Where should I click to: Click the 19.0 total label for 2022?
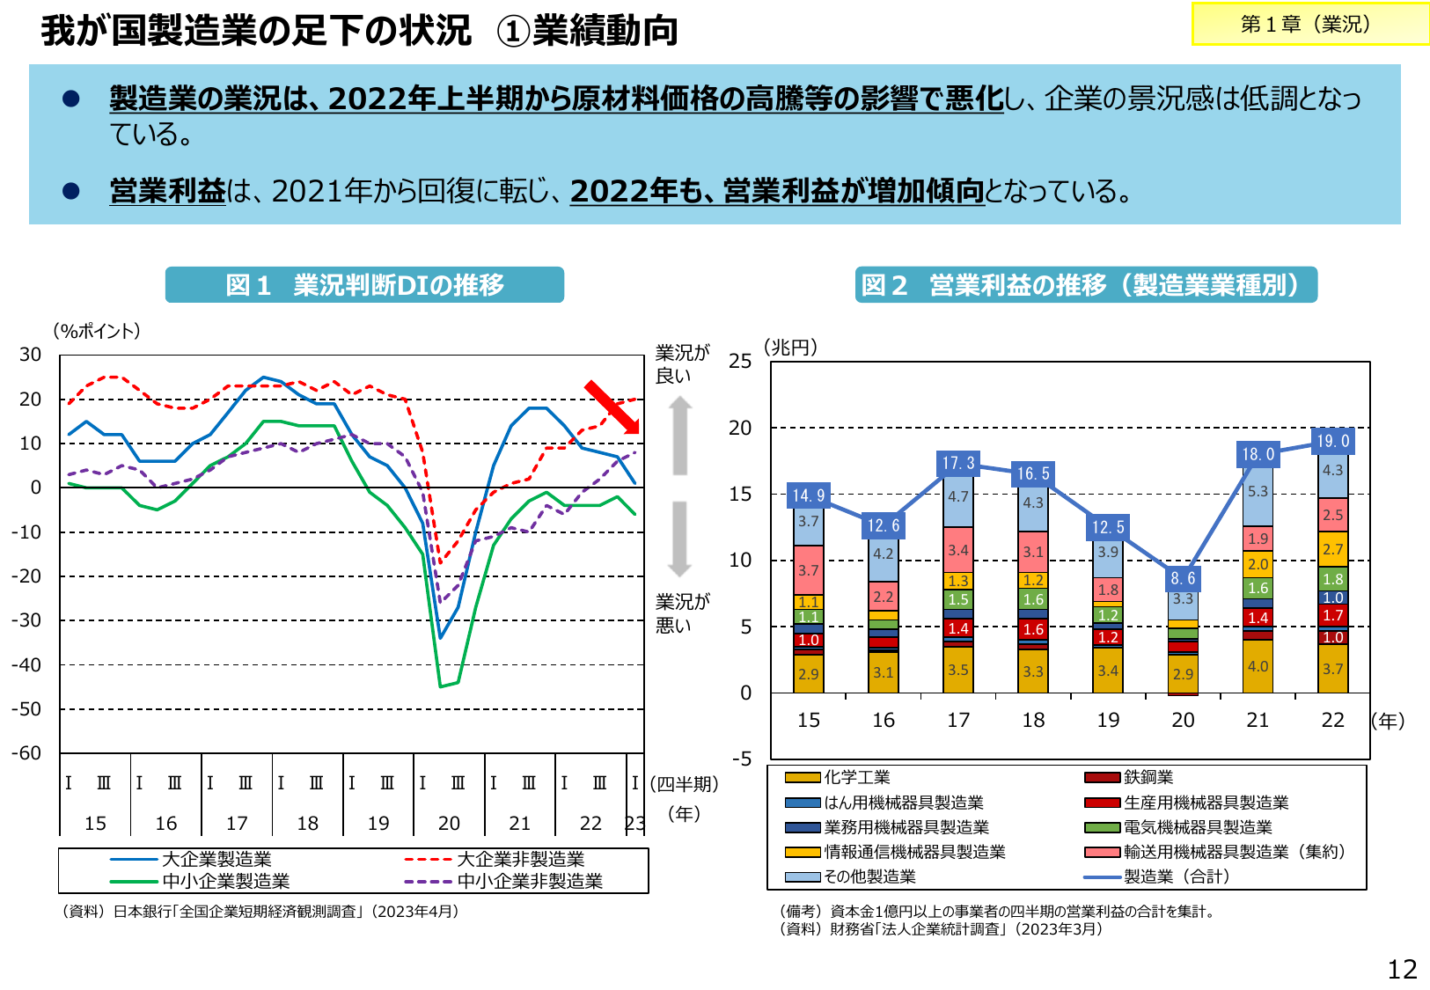[x=1332, y=441]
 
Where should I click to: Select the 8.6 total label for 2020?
[x=1183, y=578]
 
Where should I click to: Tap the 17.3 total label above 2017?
[x=958, y=463]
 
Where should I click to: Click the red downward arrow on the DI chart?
[x=612, y=407]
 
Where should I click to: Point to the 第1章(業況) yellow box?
[x=1309, y=25]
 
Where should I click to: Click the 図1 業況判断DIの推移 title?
[x=364, y=285]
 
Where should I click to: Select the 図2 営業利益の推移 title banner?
[x=1085, y=285]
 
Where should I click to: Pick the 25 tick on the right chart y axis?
[x=740, y=362]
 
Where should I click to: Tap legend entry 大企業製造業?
[x=216, y=859]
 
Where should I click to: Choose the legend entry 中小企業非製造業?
[x=529, y=881]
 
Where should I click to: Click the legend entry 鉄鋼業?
[x=1148, y=777]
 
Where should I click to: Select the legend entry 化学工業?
[x=856, y=777]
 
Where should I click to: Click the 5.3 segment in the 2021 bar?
[x=1258, y=492]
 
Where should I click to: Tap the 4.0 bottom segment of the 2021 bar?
[x=1258, y=666]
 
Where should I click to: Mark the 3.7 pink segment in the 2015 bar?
[x=808, y=570]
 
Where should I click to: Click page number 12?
[x=1402, y=970]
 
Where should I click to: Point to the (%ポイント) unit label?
[x=97, y=332]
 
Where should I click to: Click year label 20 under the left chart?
[x=449, y=824]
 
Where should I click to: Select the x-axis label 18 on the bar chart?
[x=1033, y=721]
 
